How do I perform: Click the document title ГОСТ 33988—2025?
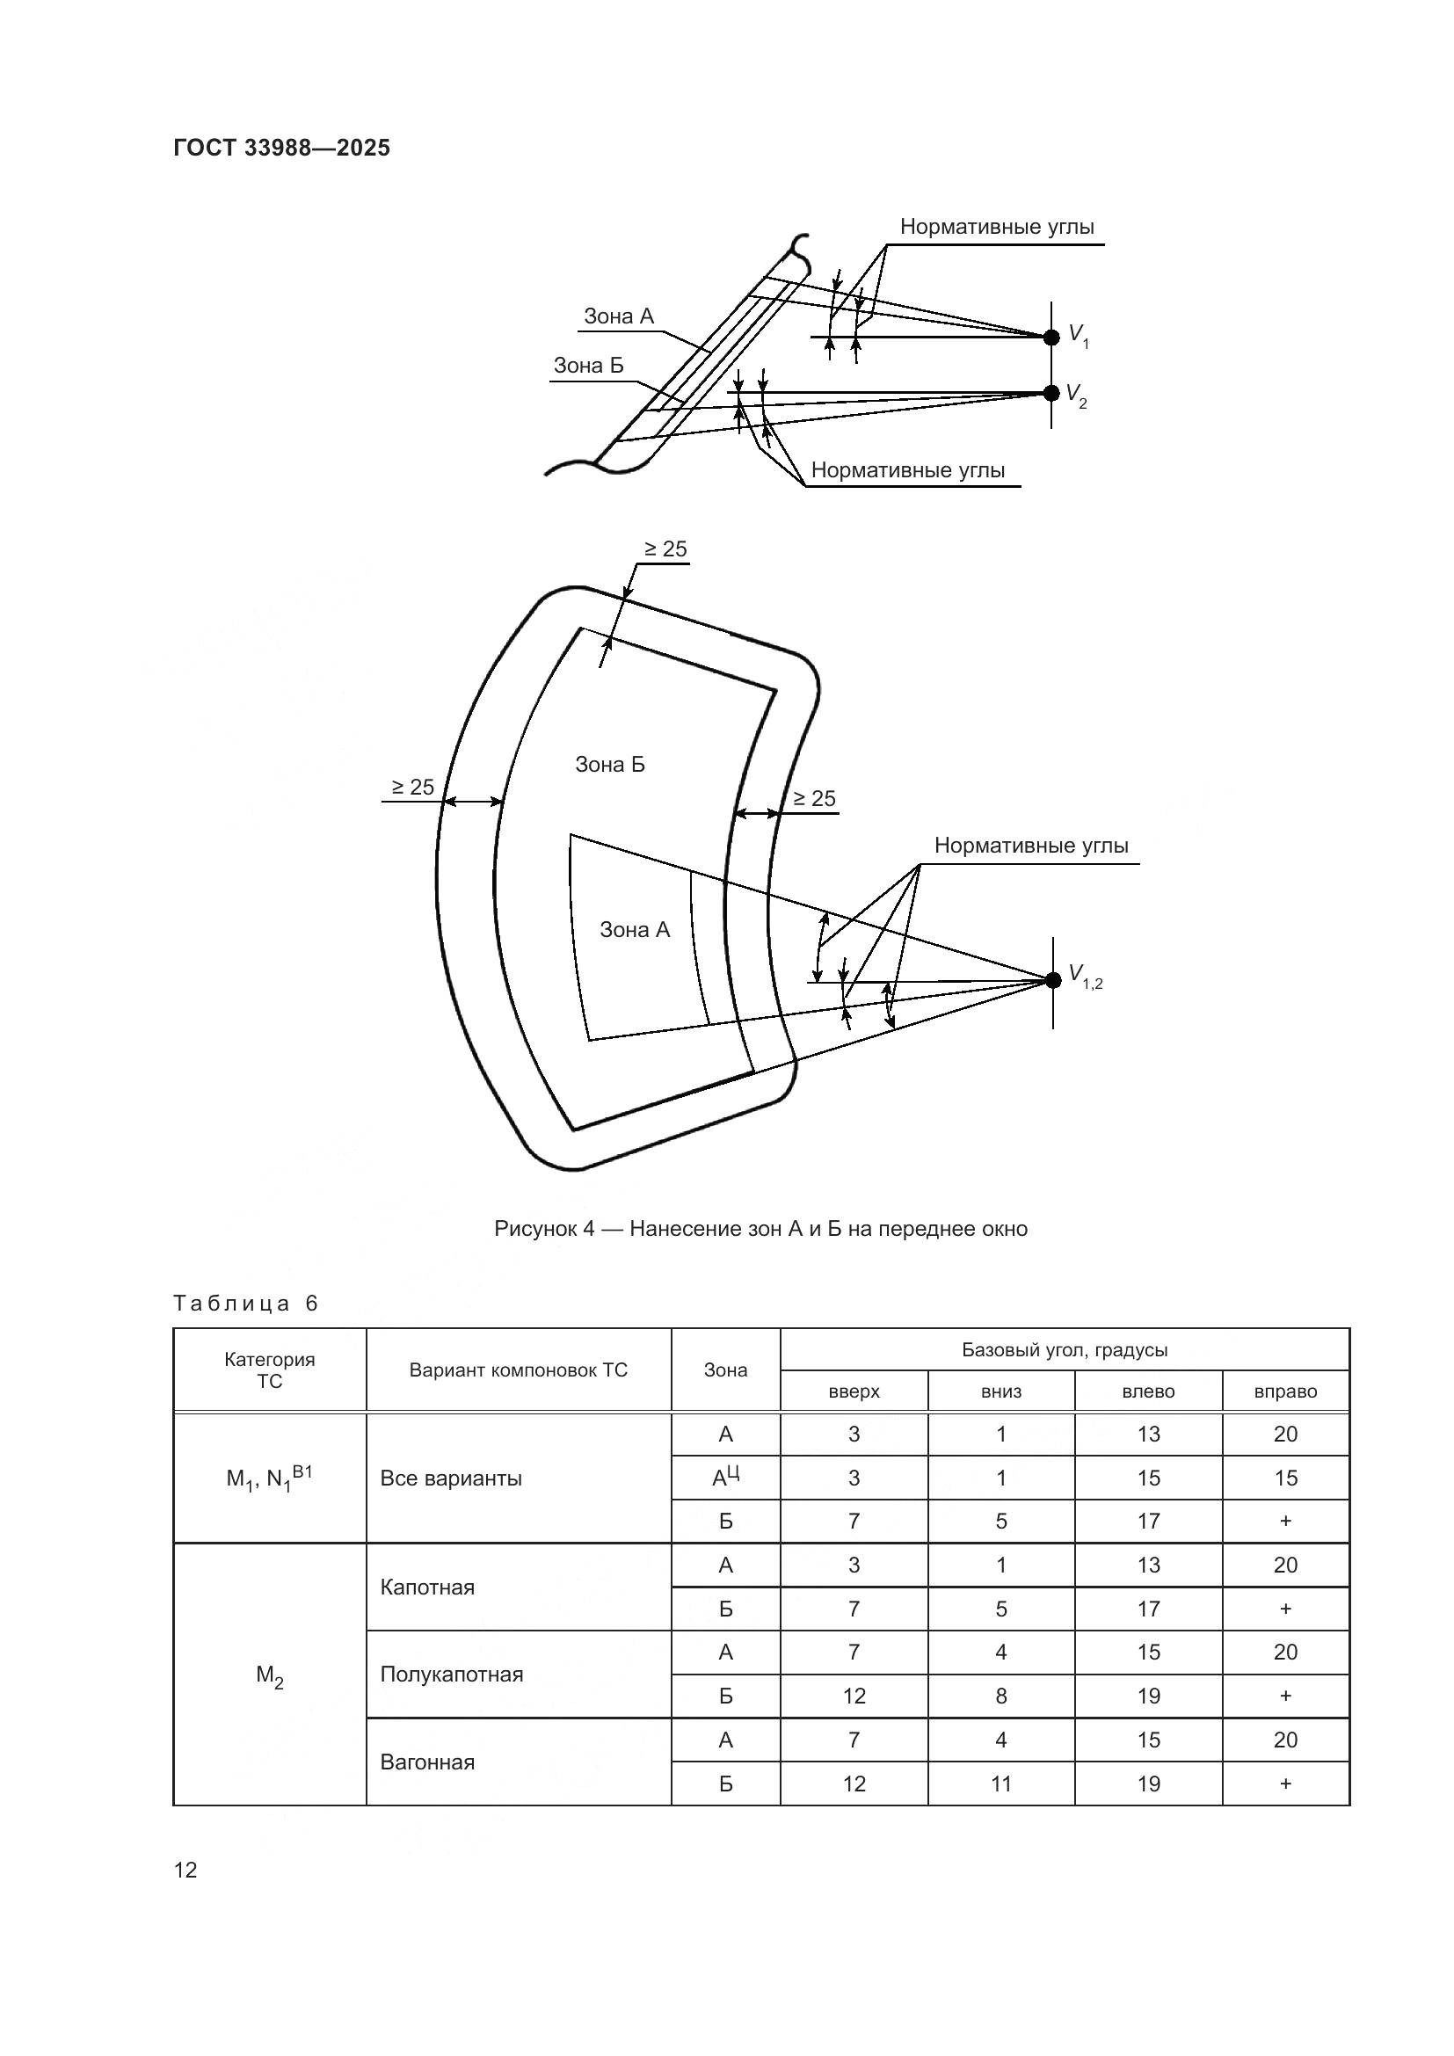(x=281, y=149)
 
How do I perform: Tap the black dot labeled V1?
(x=1052, y=337)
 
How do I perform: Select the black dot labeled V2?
(x=1052, y=393)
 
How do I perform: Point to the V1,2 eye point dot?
(x=1053, y=979)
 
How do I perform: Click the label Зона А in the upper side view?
(x=619, y=316)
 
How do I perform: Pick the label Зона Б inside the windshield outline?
(x=610, y=765)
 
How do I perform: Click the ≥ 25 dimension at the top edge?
(x=665, y=549)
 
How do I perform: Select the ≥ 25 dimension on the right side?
(x=814, y=799)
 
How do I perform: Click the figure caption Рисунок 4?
(x=760, y=1229)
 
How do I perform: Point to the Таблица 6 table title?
(x=245, y=1303)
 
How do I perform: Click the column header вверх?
(x=854, y=1391)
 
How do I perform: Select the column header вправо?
(x=1286, y=1391)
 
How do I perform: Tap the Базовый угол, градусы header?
(x=1065, y=1349)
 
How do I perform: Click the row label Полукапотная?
(x=451, y=1674)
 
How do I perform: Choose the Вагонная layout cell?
(x=427, y=1762)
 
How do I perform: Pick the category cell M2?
(x=270, y=1674)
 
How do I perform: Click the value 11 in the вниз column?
(x=1001, y=1784)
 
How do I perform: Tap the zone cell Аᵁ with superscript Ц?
(x=725, y=1478)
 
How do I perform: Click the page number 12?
(x=185, y=1870)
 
